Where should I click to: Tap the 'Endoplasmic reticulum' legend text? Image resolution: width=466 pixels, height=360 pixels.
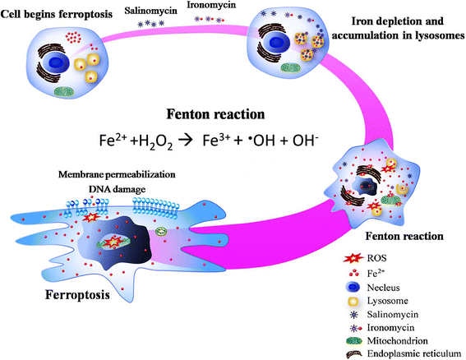click(415, 350)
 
